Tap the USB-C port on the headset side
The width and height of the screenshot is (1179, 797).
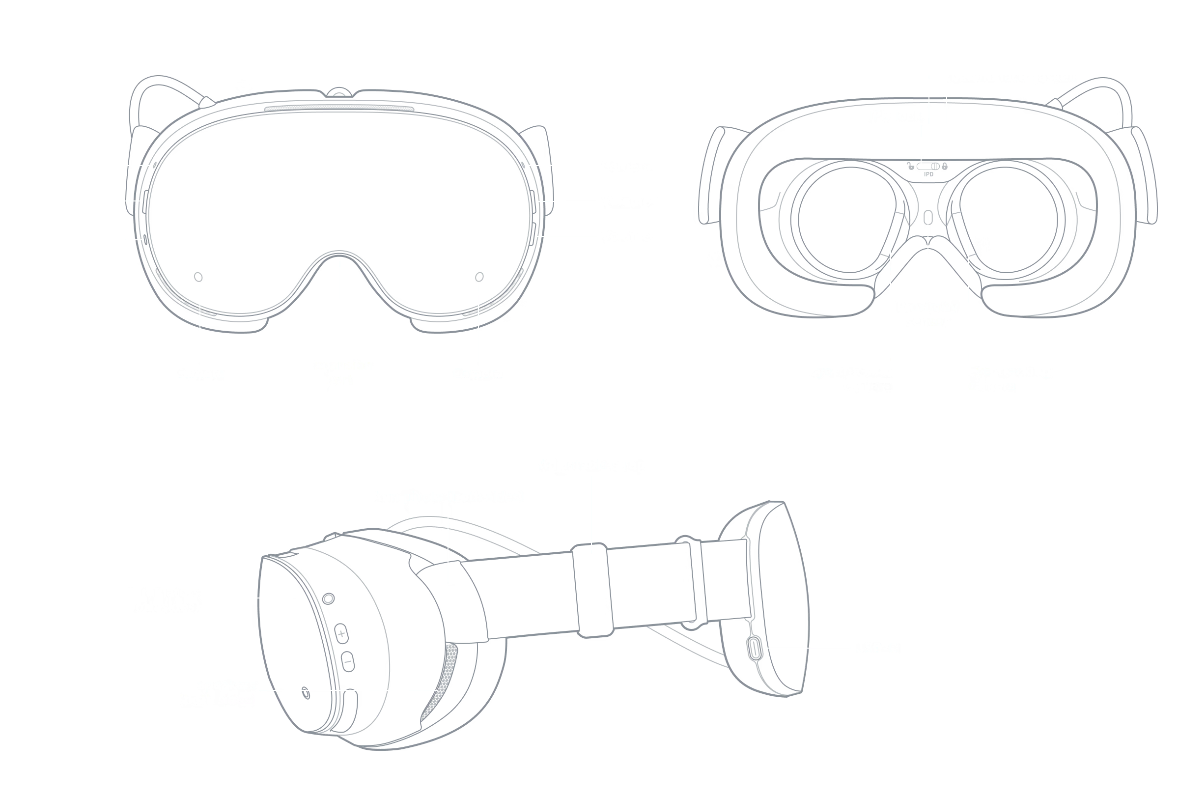755,648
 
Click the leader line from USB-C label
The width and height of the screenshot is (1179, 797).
807,648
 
